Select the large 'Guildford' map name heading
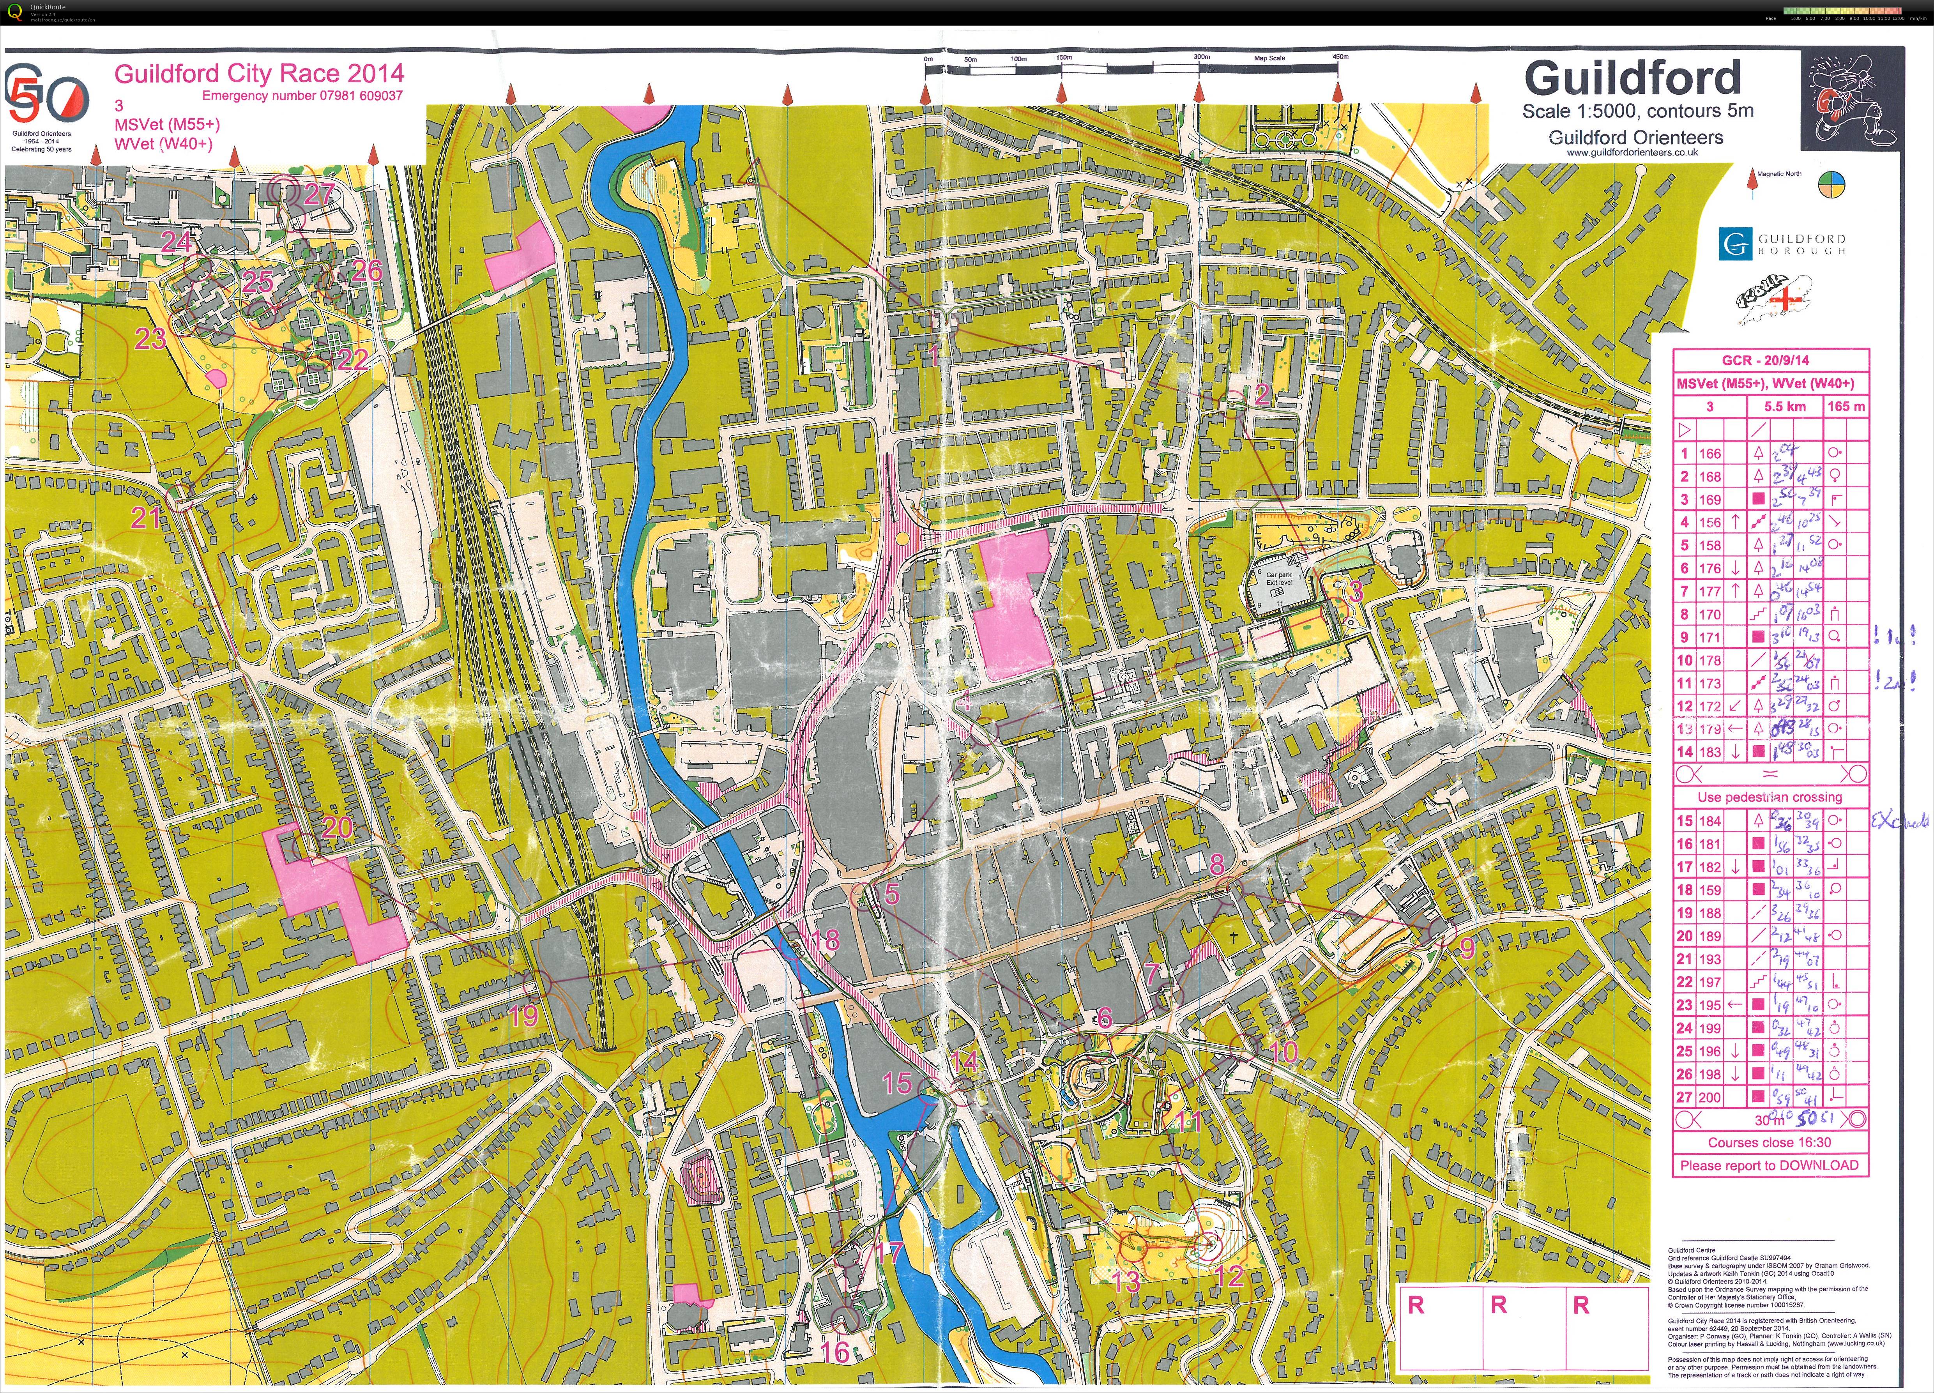[1632, 78]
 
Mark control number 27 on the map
[318, 194]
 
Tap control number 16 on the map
[835, 1351]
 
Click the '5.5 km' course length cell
[1785, 407]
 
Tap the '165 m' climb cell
[1845, 407]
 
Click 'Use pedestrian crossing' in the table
[1770, 797]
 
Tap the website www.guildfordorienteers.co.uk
[1632, 153]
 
